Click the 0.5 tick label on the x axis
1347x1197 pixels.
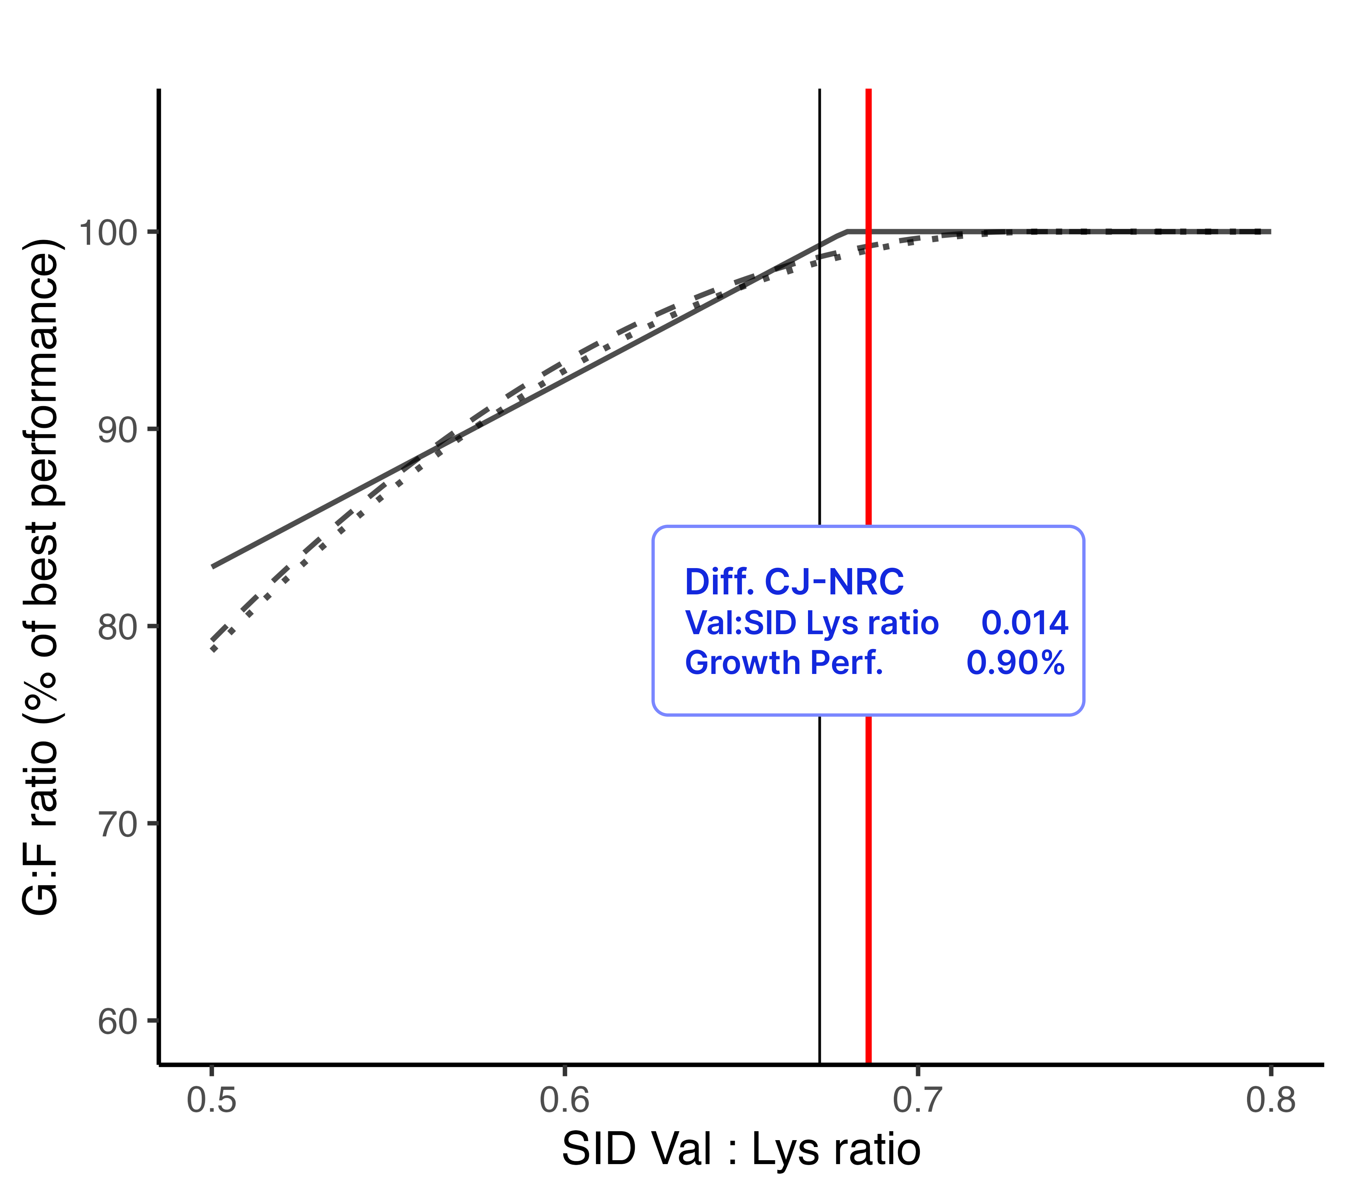[211, 1101]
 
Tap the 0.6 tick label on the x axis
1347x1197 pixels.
[565, 1101]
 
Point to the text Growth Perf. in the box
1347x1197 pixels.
[784, 663]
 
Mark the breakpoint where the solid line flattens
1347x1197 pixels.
[847, 232]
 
